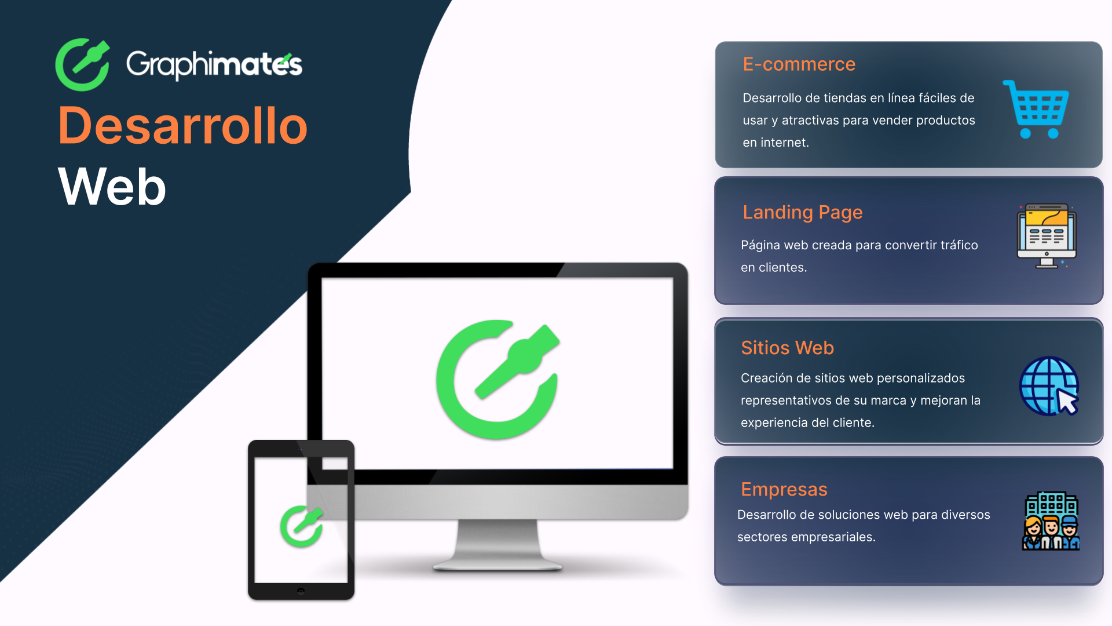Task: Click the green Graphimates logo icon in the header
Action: pyautogui.click(x=82, y=65)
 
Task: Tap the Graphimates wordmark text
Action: pyautogui.click(x=214, y=65)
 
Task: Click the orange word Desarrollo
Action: pyautogui.click(x=183, y=126)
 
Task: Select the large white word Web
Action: pyautogui.click(x=112, y=187)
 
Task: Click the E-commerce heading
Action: pyautogui.click(x=799, y=64)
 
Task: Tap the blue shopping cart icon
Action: pyautogui.click(x=1037, y=109)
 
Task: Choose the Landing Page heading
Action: pyautogui.click(x=802, y=212)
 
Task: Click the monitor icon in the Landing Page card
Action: pyautogui.click(x=1047, y=235)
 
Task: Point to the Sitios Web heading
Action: pyautogui.click(x=787, y=348)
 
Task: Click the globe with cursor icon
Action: pyautogui.click(x=1049, y=386)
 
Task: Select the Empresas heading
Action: pyautogui.click(x=784, y=489)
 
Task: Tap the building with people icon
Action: pyautogui.click(x=1051, y=521)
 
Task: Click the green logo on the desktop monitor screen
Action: pyautogui.click(x=498, y=379)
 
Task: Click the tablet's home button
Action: pyautogui.click(x=301, y=591)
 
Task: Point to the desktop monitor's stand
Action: pyautogui.click(x=498, y=545)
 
